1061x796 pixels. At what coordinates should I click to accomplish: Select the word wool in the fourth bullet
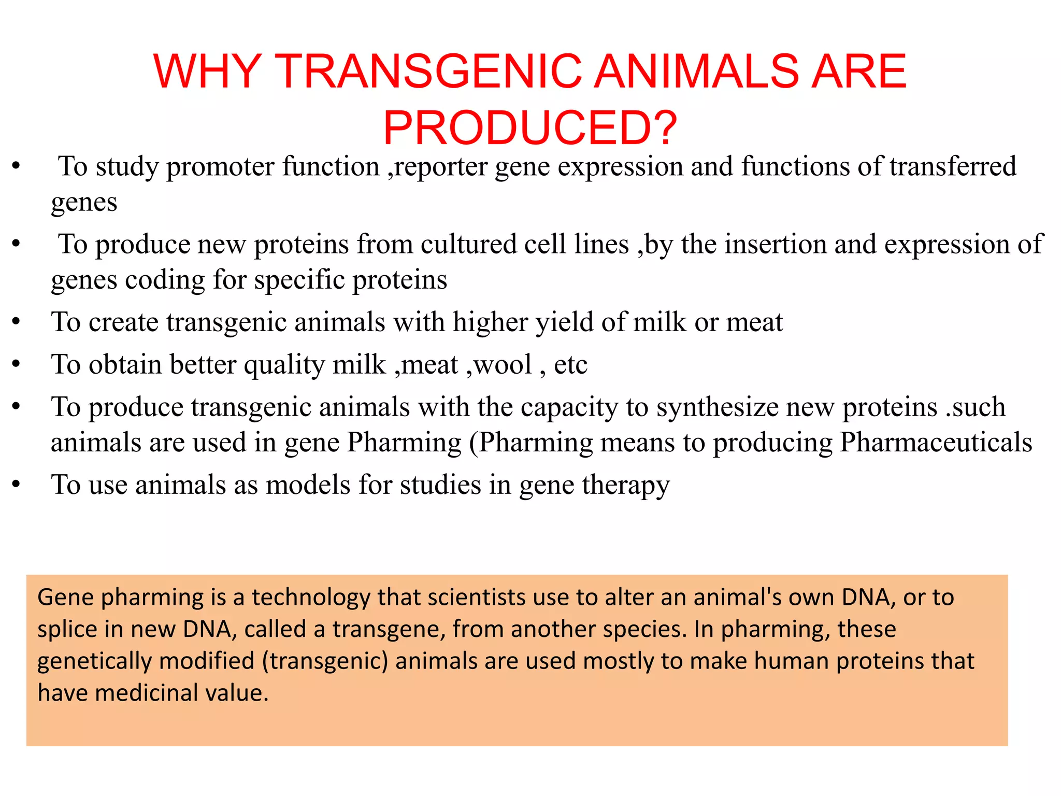tap(503, 365)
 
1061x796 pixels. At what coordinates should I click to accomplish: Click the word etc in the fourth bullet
tap(570, 365)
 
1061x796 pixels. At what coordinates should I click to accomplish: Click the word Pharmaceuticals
tap(936, 443)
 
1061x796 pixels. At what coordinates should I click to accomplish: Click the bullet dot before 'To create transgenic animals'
tap(17, 322)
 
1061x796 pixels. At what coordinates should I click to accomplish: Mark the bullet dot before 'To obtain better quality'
tap(17, 364)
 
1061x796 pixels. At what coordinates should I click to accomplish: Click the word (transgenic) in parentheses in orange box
tap(325, 662)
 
